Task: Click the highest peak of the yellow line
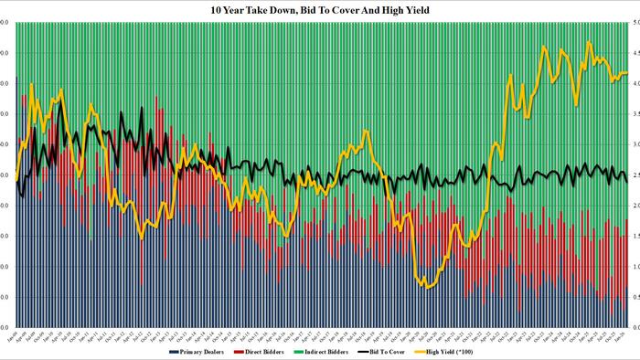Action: point(589,42)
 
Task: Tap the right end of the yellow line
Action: point(627,73)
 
